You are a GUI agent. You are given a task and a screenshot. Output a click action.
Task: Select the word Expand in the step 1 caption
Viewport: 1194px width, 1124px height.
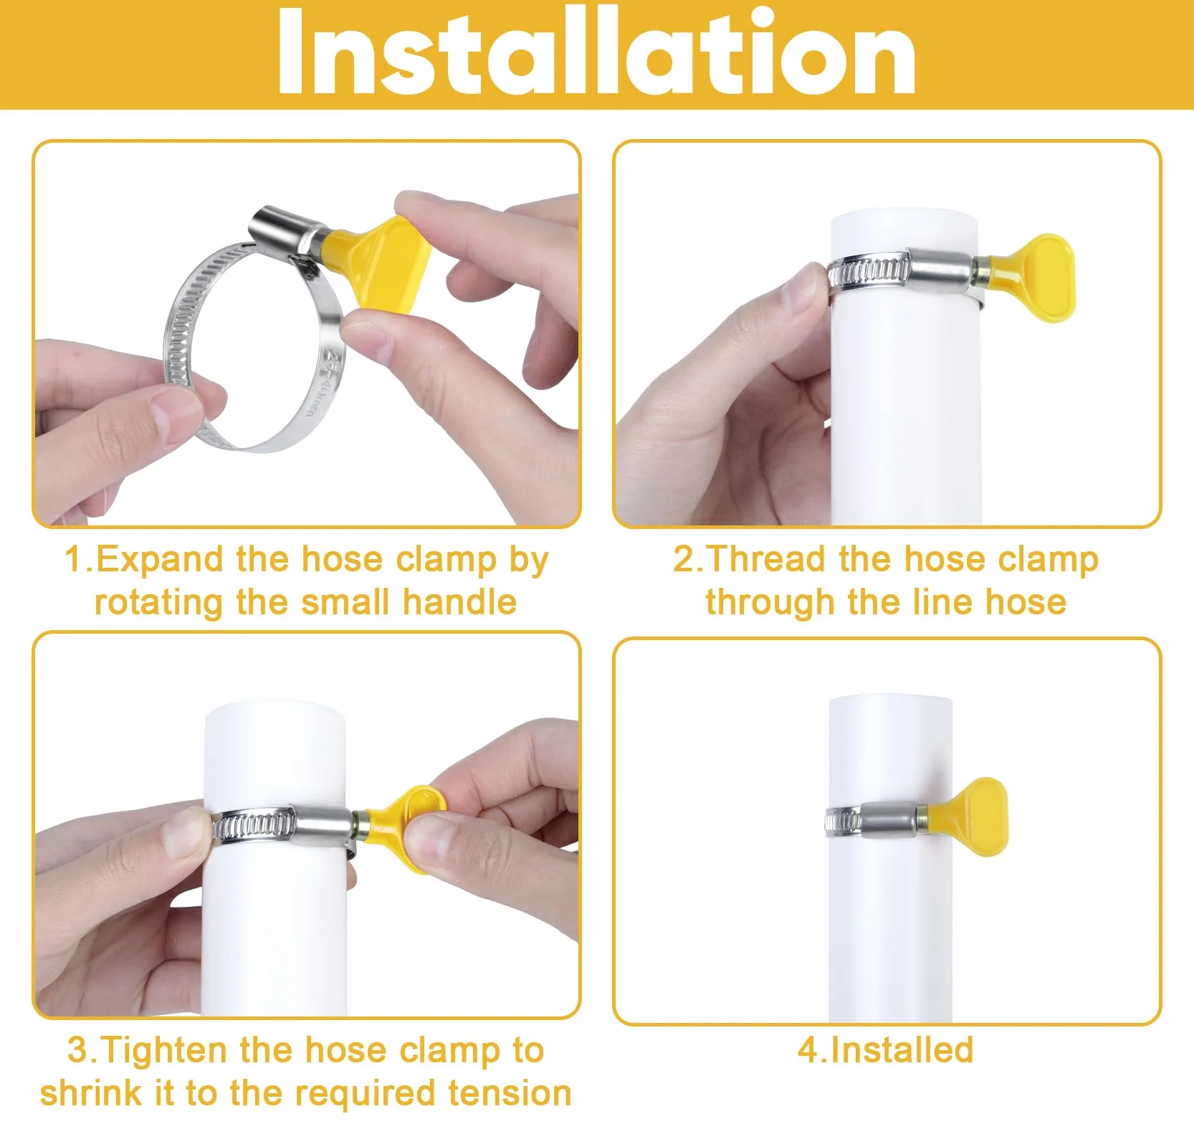pos(158,560)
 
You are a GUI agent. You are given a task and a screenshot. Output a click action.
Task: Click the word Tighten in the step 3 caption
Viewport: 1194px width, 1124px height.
pos(163,1050)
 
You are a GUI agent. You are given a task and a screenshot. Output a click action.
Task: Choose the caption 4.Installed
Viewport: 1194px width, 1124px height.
pos(886,1050)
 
